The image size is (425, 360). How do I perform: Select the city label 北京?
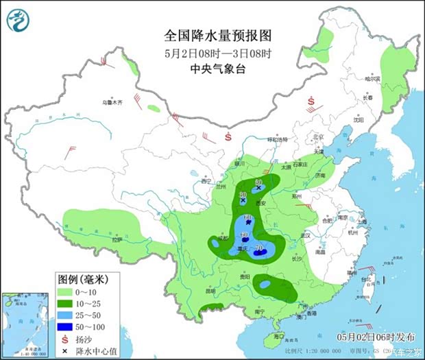click(317, 136)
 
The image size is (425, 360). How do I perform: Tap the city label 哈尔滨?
click(372, 79)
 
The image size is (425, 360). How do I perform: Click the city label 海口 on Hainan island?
click(278, 337)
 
